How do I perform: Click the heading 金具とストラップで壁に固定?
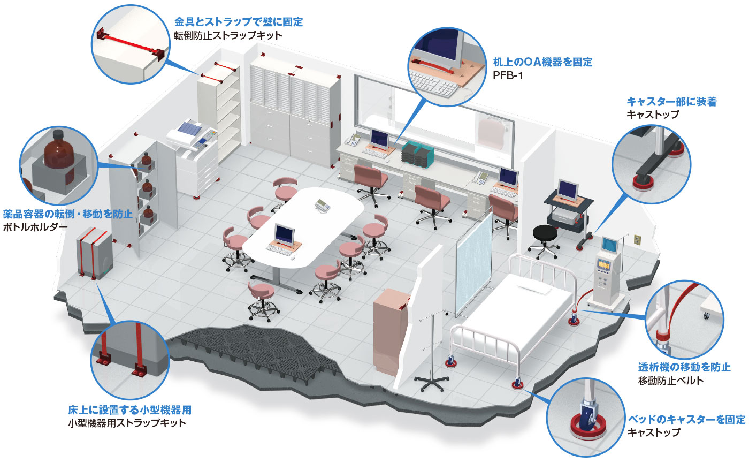point(239,22)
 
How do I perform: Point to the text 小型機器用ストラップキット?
point(127,423)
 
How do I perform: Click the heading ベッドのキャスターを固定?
point(686,419)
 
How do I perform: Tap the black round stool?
point(544,234)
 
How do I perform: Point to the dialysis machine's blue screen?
point(610,245)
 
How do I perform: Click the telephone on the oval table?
point(323,204)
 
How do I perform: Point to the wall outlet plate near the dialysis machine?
point(637,239)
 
